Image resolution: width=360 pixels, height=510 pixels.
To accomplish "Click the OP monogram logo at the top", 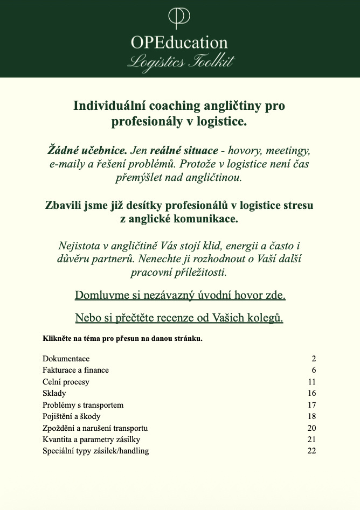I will (x=179, y=18).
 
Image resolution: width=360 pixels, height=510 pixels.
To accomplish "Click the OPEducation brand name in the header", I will (x=179, y=43).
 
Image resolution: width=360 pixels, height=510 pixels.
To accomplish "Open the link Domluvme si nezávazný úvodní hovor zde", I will (x=180, y=295).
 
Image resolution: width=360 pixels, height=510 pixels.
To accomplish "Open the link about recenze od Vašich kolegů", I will (x=179, y=318).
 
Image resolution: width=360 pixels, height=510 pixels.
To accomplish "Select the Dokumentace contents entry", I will (x=66, y=359).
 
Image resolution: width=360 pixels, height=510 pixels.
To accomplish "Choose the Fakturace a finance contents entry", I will (x=75, y=370).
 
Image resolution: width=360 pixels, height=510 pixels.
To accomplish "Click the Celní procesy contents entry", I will (x=66, y=382).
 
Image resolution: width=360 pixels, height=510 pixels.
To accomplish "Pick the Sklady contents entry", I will (x=54, y=393).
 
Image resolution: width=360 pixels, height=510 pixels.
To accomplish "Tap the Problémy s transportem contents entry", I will (x=83, y=405).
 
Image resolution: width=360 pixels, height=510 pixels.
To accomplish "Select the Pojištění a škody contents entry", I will (x=72, y=416).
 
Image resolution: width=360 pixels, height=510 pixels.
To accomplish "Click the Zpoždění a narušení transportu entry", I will (x=95, y=428).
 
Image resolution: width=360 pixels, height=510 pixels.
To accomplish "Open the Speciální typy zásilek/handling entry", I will (x=96, y=451).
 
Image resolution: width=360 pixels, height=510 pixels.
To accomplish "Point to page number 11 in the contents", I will (x=311, y=382).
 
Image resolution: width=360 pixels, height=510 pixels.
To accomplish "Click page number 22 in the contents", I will (x=311, y=451).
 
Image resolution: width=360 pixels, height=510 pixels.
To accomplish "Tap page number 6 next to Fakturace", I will (x=314, y=370).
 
